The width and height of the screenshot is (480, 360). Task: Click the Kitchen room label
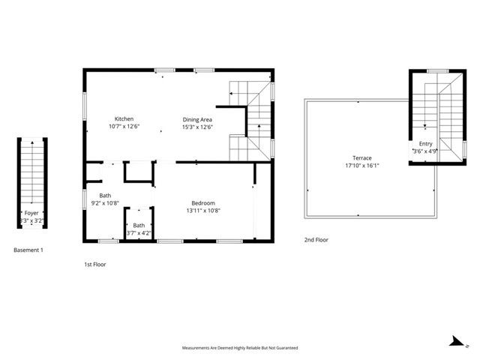pyautogui.click(x=124, y=119)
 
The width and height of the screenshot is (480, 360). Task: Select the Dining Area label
pyautogui.click(x=198, y=119)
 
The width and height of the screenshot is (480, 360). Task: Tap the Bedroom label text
pyautogui.click(x=203, y=203)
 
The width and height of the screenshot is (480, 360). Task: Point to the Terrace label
pyautogui.click(x=362, y=158)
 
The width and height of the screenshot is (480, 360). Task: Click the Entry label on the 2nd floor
pyautogui.click(x=425, y=143)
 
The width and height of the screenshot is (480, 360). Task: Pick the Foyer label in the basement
pyautogui.click(x=31, y=214)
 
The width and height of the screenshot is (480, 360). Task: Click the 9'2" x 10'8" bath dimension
pyautogui.click(x=105, y=202)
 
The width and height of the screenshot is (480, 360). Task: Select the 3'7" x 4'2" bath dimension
pyautogui.click(x=139, y=232)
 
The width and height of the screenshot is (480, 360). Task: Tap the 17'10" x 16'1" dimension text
pyautogui.click(x=362, y=166)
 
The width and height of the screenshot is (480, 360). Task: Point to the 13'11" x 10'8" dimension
pyautogui.click(x=203, y=211)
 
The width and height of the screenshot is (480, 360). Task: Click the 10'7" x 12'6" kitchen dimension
pyautogui.click(x=124, y=127)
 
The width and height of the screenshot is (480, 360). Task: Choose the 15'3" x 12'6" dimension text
pyautogui.click(x=198, y=127)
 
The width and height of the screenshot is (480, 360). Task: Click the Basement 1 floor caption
pyautogui.click(x=29, y=250)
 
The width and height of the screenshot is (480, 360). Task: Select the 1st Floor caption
pyautogui.click(x=94, y=264)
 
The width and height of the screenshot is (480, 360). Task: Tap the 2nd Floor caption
pyautogui.click(x=316, y=240)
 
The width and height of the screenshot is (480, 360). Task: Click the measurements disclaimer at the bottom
pyautogui.click(x=240, y=348)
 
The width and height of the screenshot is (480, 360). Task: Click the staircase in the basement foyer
pyautogui.click(x=31, y=172)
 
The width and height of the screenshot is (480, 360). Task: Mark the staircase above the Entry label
pyautogui.click(x=436, y=101)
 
